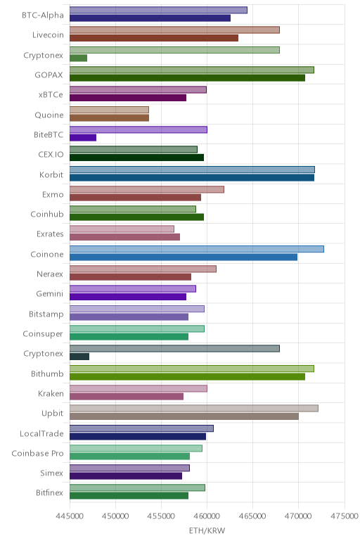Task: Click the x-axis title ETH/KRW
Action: (207, 530)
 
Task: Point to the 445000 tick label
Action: (70, 516)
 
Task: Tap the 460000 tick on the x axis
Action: (207, 516)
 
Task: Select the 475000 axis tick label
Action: (344, 516)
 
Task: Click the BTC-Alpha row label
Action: (43, 15)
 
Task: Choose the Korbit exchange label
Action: (51, 174)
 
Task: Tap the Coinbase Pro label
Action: (37, 453)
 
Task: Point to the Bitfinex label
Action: (49, 493)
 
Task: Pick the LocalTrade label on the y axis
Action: (41, 433)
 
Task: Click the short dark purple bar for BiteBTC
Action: (83, 137)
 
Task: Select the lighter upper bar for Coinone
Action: (197, 249)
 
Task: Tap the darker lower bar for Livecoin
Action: (154, 38)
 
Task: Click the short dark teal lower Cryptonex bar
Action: (79, 357)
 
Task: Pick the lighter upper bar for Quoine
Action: (110, 110)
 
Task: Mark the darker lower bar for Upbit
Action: (184, 416)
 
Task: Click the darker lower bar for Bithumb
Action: (187, 376)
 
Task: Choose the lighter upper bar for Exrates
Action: (122, 229)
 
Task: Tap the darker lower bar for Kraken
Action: (127, 397)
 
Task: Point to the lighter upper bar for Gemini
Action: (133, 289)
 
